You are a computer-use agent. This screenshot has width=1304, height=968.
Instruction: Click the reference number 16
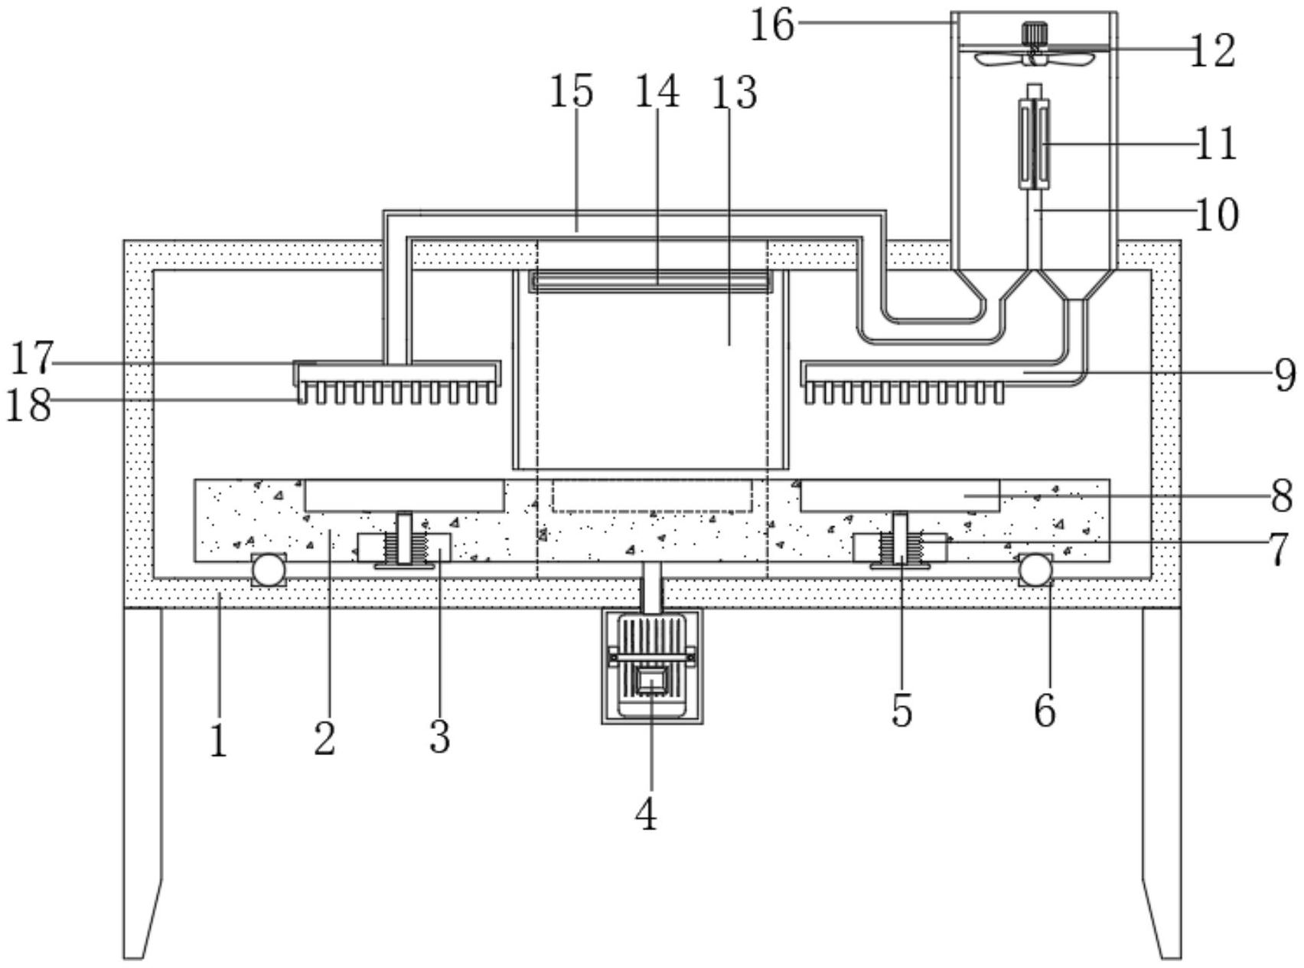[772, 25]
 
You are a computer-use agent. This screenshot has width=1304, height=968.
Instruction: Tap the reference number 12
[1212, 51]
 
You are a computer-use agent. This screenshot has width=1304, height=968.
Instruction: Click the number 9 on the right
[1285, 375]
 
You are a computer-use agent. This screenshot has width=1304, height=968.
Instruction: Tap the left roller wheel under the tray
[269, 570]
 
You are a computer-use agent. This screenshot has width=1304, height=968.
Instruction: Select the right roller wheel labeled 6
[1035, 570]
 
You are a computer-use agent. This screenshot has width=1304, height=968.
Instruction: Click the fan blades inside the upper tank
[1034, 57]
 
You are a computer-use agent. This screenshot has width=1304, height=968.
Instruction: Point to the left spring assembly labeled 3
[404, 548]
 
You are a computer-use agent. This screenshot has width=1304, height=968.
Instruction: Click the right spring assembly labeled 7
[900, 547]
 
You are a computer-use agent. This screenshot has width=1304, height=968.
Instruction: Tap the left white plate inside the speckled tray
[404, 495]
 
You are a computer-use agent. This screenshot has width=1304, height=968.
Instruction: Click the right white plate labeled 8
[899, 495]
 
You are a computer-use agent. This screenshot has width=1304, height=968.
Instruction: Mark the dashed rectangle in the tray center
[651, 496]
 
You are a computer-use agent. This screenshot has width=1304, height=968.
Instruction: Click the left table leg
[143, 781]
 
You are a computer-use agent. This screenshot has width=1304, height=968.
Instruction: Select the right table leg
[1162, 781]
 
